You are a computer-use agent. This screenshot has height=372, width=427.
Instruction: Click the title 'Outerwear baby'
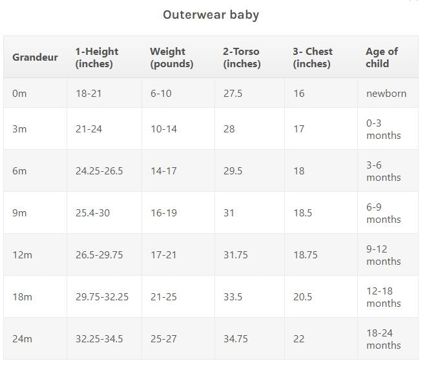pyautogui.click(x=211, y=15)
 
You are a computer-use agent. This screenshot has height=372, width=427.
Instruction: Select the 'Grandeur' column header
pyautogui.click(x=35, y=57)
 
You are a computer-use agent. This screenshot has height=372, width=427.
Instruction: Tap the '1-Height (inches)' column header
pyautogui.click(x=97, y=57)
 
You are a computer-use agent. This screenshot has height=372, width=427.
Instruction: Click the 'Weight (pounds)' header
pyautogui.click(x=171, y=57)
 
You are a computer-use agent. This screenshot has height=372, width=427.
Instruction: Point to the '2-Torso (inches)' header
pyautogui.click(x=242, y=57)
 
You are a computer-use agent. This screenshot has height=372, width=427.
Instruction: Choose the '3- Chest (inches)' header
pyautogui.click(x=313, y=57)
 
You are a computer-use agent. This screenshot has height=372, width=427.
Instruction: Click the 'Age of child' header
pyautogui.click(x=382, y=57)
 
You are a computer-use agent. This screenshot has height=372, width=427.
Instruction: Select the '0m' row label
pyautogui.click(x=19, y=94)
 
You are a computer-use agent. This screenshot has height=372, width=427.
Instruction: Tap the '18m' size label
pyautogui.click(x=22, y=297)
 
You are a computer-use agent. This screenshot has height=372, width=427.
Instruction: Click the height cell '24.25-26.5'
pyautogui.click(x=99, y=171)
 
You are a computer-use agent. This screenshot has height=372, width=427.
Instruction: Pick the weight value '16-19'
pyautogui.click(x=163, y=213)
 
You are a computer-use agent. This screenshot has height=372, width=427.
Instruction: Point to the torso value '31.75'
pyautogui.click(x=236, y=255)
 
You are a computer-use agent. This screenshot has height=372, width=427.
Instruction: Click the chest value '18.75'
pyautogui.click(x=306, y=255)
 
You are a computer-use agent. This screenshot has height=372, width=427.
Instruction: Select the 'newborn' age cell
pyautogui.click(x=386, y=94)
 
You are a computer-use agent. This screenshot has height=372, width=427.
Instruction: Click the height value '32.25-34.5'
pyautogui.click(x=99, y=339)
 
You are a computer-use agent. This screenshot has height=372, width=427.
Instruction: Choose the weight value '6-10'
pyautogui.click(x=161, y=94)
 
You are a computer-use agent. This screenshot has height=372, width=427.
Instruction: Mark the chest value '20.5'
pyautogui.click(x=302, y=297)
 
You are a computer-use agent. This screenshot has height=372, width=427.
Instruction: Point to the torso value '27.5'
pyautogui.click(x=233, y=94)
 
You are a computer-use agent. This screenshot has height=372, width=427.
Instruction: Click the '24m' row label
pyautogui.click(x=22, y=339)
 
